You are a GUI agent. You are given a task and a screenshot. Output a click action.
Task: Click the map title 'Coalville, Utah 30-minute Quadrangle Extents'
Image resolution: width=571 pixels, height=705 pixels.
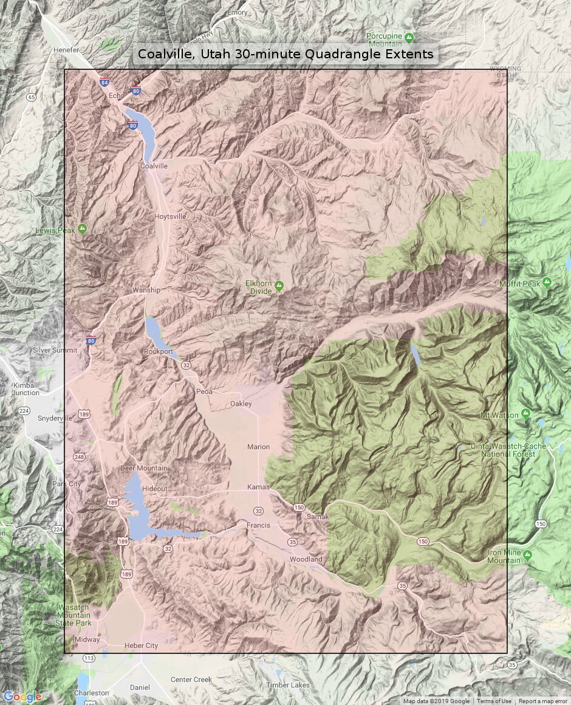tap(285, 54)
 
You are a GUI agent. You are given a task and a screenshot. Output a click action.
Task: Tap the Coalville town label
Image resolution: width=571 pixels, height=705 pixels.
tap(154, 166)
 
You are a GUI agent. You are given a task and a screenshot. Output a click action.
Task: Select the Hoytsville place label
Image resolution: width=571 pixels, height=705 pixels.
tap(170, 216)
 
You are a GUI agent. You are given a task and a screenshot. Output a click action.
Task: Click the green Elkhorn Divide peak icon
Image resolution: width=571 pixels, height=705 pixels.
tap(279, 285)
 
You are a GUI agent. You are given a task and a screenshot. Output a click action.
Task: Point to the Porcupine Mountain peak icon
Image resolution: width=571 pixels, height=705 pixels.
tap(409, 37)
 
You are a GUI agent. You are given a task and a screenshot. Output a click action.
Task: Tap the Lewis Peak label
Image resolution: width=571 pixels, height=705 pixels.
tap(55, 230)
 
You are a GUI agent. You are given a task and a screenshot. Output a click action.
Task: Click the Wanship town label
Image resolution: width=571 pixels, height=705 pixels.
tap(146, 290)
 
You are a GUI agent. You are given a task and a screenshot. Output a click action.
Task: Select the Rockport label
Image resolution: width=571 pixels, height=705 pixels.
tap(158, 351)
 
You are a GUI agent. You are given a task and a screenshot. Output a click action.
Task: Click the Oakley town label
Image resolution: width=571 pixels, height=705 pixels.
tap(241, 404)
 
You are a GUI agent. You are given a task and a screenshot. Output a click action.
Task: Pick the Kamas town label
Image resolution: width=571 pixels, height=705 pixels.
tap(258, 487)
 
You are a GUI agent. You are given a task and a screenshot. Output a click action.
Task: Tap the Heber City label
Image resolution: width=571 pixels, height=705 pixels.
tap(141, 645)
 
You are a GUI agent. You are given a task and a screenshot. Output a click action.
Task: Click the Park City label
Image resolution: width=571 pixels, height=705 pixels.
tap(66, 484)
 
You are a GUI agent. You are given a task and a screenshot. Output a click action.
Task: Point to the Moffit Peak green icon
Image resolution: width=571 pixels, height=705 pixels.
tap(547, 283)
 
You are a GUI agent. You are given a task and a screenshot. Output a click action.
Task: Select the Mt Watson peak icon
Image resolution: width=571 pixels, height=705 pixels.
tap(526, 414)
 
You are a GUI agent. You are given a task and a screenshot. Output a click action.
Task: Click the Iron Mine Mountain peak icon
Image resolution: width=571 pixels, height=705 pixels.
tap(527, 555)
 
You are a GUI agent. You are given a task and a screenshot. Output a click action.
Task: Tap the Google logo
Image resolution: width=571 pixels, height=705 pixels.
tap(22, 696)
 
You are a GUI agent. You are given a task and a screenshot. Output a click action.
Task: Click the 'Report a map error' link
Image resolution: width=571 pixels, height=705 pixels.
tap(544, 701)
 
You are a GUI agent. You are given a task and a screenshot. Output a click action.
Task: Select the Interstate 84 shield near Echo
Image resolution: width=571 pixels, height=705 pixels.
tap(106, 83)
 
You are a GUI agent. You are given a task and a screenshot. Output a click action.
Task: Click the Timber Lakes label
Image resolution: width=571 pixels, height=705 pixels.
tap(288, 685)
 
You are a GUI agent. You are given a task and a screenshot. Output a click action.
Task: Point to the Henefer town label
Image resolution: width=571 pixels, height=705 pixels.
tap(66, 50)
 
